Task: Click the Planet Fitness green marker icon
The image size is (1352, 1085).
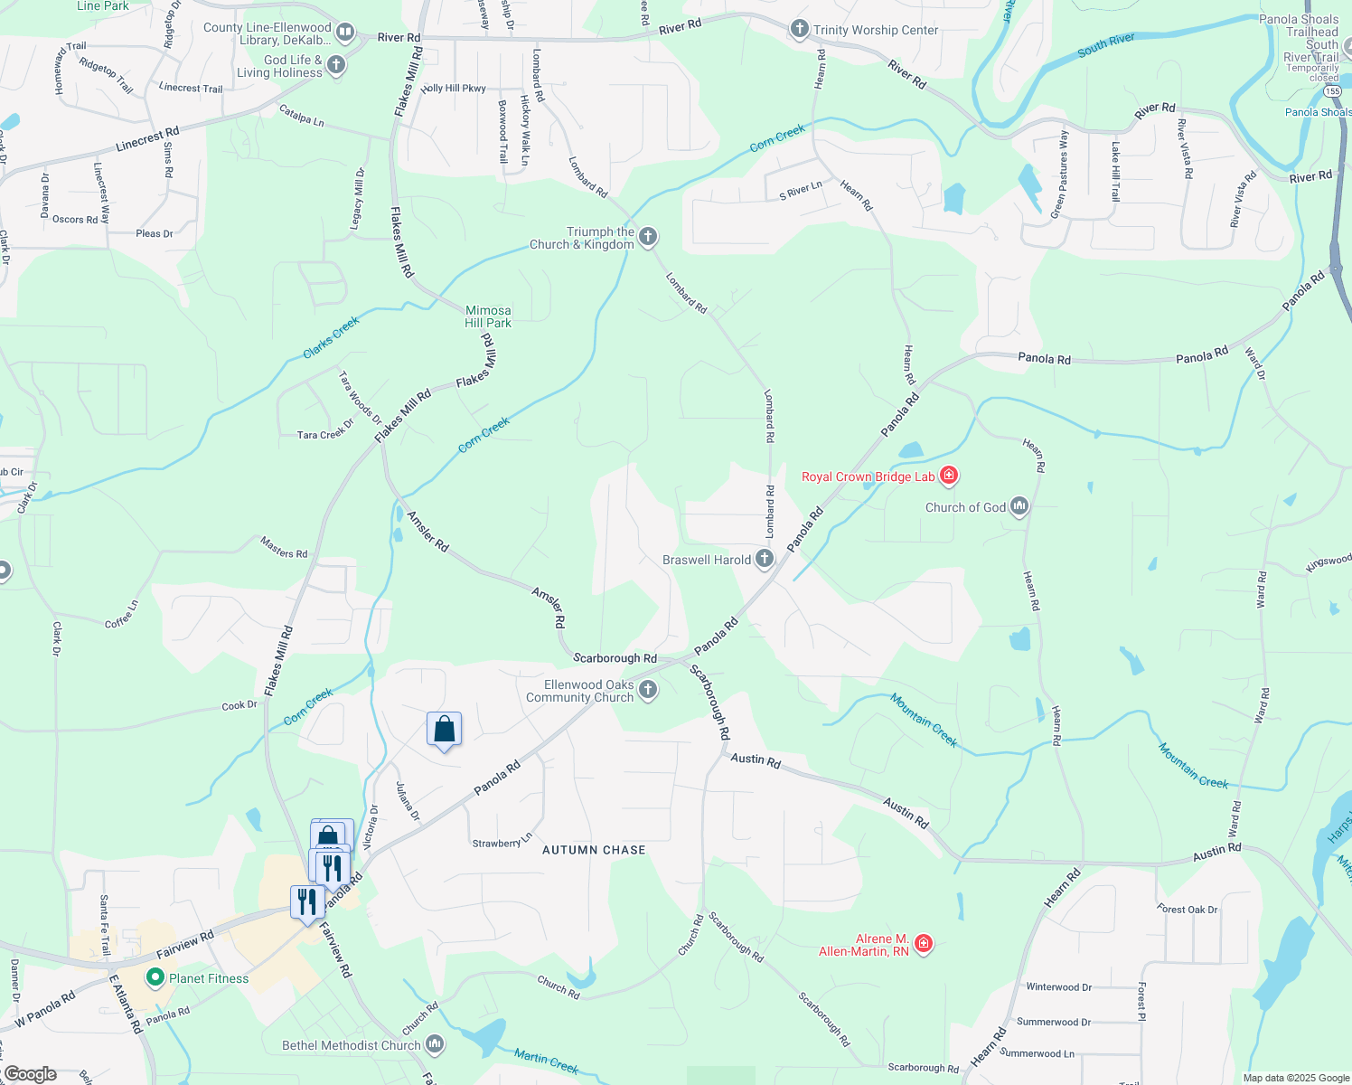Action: tap(155, 977)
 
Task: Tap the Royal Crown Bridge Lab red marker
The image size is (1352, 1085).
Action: tap(948, 476)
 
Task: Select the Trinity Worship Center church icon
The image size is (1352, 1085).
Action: tap(799, 30)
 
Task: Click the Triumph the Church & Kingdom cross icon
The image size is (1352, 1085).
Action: tap(647, 238)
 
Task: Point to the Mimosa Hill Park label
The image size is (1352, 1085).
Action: tap(488, 316)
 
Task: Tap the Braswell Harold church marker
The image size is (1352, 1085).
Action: tap(765, 559)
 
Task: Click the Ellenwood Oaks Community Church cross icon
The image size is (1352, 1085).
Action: tap(647, 691)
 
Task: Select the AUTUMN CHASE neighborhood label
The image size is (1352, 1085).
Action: tap(594, 850)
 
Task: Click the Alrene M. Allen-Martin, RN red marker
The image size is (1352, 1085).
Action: tap(923, 944)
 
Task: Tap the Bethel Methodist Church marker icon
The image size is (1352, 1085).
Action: tap(435, 1044)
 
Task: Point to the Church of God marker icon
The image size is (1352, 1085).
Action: tap(1019, 506)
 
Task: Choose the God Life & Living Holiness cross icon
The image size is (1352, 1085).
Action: tap(336, 65)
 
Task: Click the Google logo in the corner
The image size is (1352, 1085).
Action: tap(31, 1074)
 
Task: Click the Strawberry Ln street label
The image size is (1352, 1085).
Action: tap(502, 842)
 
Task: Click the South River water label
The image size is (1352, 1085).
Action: tap(1105, 46)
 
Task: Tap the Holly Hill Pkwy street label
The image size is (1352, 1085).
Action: tap(453, 89)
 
